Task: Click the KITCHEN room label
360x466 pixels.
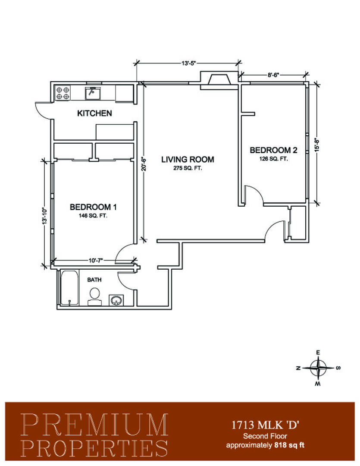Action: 94,113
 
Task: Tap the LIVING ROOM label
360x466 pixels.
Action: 188,159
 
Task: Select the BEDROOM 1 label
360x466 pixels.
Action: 93,207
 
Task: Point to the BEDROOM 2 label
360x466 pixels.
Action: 274,150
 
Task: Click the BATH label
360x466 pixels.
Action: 94,280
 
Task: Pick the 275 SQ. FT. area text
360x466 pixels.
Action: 188,168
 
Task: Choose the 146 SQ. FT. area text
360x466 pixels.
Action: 93,216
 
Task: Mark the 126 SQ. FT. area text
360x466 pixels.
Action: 274,159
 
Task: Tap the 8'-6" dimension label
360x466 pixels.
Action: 273,75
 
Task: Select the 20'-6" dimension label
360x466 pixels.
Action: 144,164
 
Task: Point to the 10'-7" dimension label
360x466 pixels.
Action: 96,261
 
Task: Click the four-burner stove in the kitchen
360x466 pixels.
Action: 63,93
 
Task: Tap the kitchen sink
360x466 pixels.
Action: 93,93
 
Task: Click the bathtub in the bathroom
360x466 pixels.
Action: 70,288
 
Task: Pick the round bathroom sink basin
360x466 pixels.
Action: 116,300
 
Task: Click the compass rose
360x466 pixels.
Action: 318,368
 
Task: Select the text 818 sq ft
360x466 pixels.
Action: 290,445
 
